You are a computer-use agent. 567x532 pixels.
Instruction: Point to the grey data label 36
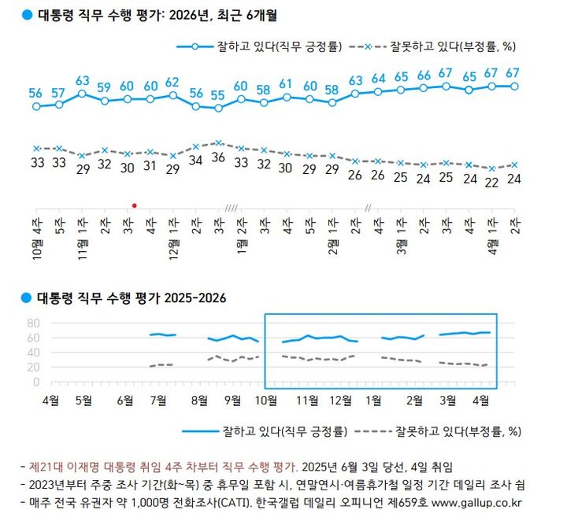point(218,157)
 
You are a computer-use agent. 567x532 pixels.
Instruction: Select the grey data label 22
point(492,181)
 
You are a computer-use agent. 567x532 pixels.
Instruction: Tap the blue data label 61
point(287,84)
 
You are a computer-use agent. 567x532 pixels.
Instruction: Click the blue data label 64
point(378,79)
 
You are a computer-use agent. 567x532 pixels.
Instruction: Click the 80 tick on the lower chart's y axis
point(33,323)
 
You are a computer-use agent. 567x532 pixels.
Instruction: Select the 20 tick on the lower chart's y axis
point(33,367)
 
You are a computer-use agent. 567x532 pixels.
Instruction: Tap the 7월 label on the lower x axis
point(158,399)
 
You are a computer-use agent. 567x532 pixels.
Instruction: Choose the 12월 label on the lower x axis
point(340,399)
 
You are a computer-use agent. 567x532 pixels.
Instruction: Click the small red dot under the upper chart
point(134,205)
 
